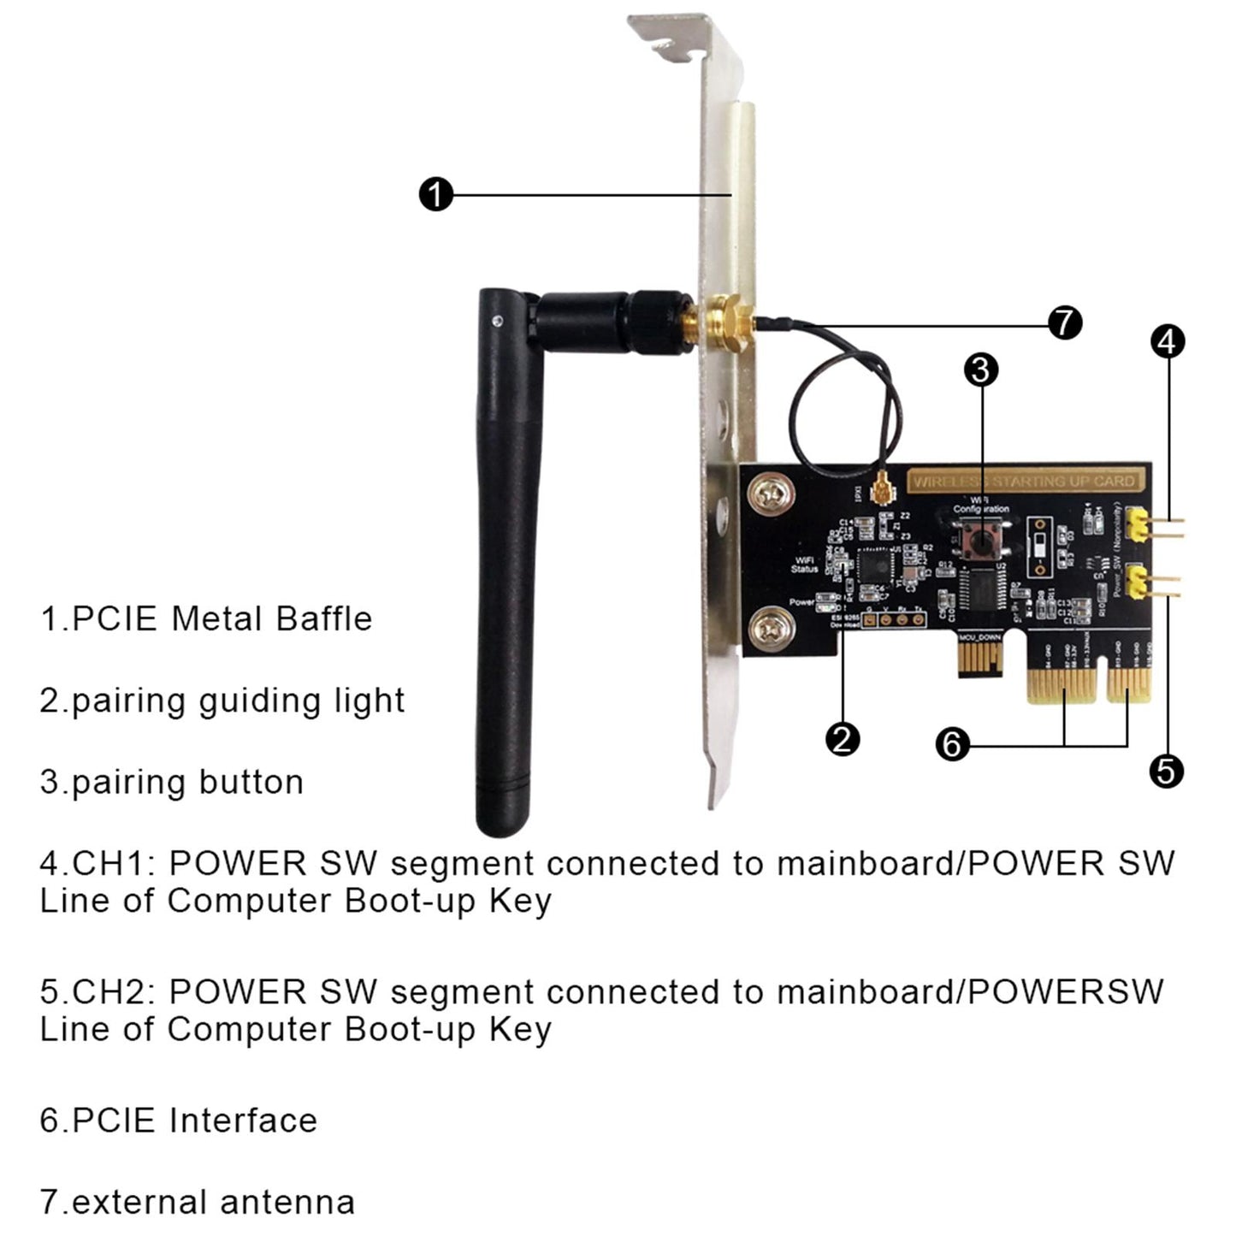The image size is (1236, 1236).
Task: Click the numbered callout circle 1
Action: (435, 195)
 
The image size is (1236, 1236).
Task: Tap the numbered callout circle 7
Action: (1065, 323)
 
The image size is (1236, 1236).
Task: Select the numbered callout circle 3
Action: (981, 370)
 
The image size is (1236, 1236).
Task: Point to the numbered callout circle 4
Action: (1168, 341)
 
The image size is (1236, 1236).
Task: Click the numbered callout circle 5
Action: (1166, 772)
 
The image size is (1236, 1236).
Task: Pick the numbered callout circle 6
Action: (952, 743)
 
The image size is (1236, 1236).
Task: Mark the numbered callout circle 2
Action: (843, 739)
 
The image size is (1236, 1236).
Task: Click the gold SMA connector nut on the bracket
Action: (727, 325)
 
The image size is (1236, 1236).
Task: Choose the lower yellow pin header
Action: (1138, 583)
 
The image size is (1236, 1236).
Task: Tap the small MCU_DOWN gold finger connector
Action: (979, 659)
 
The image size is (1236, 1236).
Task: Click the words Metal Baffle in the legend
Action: (272, 618)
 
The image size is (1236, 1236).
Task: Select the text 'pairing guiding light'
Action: (237, 701)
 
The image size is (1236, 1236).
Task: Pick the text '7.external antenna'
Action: (197, 1202)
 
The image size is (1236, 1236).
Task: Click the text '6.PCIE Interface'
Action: (178, 1120)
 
